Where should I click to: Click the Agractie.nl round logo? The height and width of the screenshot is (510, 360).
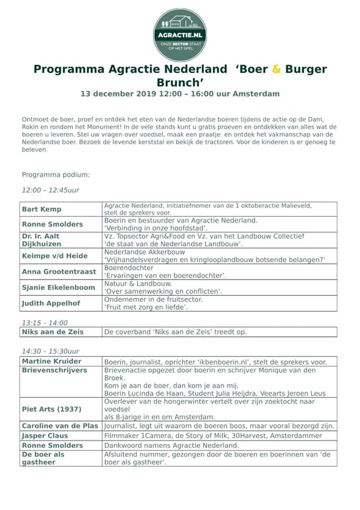point(180,35)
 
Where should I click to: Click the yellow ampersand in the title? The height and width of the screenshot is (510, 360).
point(276,69)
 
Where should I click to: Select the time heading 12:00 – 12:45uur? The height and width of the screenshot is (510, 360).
point(50,190)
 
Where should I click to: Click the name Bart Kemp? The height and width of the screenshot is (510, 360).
point(41,209)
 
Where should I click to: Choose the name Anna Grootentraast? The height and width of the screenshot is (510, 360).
point(59,271)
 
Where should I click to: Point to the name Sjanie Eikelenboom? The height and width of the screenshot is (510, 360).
point(58,287)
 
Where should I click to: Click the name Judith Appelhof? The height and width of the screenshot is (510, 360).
point(51,303)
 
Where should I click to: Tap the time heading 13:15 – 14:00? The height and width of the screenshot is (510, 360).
point(45,322)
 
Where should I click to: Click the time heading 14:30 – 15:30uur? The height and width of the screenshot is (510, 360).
point(50,351)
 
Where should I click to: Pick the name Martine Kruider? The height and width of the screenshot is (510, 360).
point(52,361)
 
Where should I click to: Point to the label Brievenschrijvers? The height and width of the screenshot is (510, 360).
point(54,370)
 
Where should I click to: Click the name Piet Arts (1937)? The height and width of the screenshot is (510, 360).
point(52,409)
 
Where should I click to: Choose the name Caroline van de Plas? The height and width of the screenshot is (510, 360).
point(60,426)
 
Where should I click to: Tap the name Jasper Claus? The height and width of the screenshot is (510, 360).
point(46,436)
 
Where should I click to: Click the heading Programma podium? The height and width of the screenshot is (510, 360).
point(56,175)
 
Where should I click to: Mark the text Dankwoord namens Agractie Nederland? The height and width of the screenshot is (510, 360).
point(171,445)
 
